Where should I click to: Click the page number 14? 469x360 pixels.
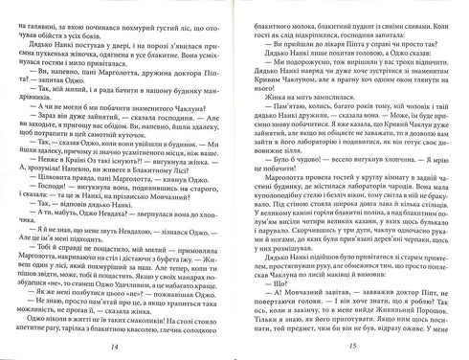click(x=116, y=345)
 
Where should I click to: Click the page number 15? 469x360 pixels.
click(x=354, y=345)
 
